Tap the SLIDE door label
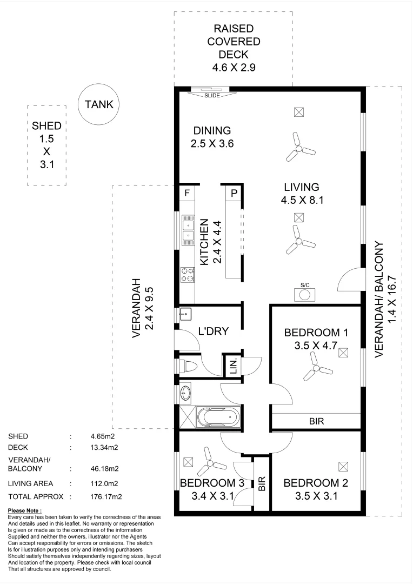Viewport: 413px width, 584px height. point(212,96)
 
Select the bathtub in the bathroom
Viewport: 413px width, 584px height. point(218,417)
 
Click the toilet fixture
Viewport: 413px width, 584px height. point(188,366)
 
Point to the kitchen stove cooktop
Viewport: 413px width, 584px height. point(188,275)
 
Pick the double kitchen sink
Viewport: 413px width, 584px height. point(188,230)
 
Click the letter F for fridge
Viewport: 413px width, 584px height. point(187,193)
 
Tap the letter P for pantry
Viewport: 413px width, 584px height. point(234,193)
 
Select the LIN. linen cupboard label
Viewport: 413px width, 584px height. point(234,367)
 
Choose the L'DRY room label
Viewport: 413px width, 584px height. point(214,331)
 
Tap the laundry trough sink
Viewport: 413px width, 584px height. point(185,314)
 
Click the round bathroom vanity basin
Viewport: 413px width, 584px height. point(185,393)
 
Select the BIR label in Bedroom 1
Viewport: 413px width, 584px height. point(317,421)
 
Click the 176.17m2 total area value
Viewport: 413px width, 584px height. point(106,496)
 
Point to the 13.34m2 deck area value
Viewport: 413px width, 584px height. point(104,447)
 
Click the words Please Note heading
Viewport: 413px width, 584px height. point(25,510)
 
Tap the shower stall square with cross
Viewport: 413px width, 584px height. point(187,417)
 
